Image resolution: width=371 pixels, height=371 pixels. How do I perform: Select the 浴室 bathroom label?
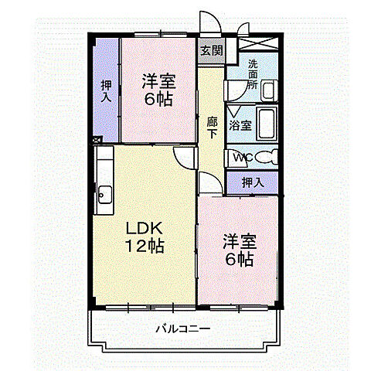click(x=240, y=125)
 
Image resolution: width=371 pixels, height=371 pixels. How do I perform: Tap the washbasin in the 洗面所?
click(x=267, y=90)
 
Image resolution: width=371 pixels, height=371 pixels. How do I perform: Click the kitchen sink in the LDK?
click(x=104, y=193)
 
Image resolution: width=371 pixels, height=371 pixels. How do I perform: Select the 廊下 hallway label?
click(x=212, y=127)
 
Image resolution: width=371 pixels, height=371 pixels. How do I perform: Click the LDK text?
click(x=145, y=229)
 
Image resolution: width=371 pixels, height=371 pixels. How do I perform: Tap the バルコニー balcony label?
click(x=182, y=328)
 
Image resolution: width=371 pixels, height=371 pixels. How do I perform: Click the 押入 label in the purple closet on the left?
click(x=106, y=92)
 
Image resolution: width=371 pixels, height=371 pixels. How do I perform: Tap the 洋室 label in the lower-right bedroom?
click(x=238, y=241)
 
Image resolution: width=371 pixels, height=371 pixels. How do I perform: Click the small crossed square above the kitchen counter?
click(x=97, y=141)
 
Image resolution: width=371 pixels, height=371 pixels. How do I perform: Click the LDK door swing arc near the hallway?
click(x=184, y=157)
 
